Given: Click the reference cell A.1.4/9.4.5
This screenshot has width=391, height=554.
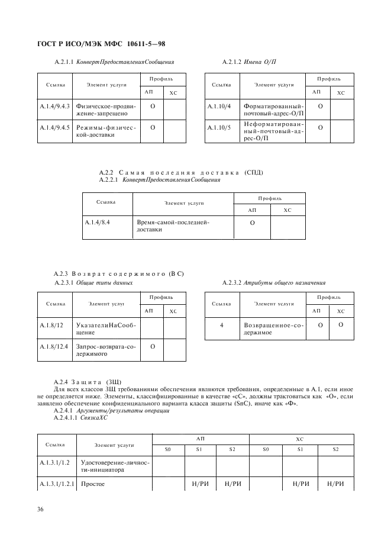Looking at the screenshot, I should (54, 127).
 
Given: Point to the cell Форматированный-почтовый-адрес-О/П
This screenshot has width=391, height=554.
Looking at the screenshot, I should (273, 109).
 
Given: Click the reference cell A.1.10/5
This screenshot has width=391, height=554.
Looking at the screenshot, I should (219, 127).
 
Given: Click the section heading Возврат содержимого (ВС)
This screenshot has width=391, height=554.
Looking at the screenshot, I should (119, 273).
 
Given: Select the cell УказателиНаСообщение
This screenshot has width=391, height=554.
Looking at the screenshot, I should (106, 329).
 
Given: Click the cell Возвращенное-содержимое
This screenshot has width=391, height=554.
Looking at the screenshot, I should (273, 329).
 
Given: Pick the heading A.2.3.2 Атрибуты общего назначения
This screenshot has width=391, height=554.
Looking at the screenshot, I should (273, 282).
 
